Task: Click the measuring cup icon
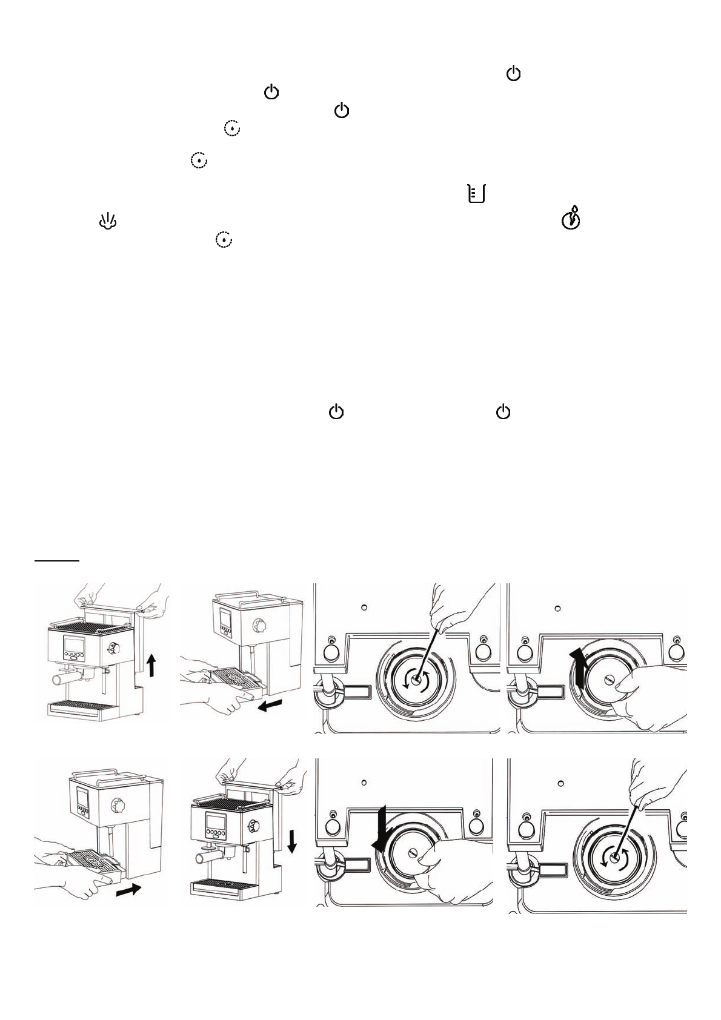point(477,194)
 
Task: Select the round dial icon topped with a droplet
point(571,219)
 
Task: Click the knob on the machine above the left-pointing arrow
point(262,624)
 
